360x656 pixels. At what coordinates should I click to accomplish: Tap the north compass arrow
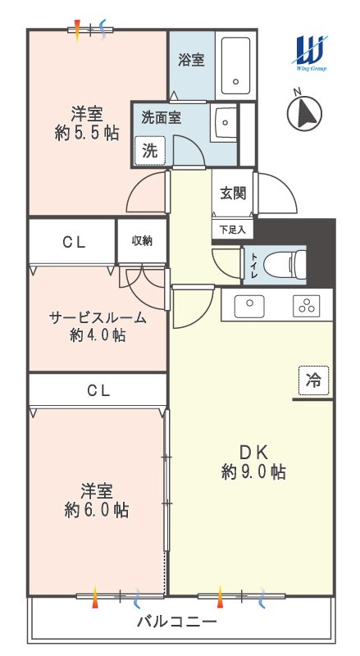(x=305, y=112)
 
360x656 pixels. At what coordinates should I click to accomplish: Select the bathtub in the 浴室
(x=235, y=66)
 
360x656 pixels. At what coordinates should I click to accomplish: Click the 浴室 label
(x=191, y=60)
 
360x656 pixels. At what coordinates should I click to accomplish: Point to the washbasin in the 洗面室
(x=226, y=122)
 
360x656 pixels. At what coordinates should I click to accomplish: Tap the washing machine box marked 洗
(x=149, y=151)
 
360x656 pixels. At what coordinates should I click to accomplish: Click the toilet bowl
(x=285, y=264)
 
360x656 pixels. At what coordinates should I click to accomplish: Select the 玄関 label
(x=233, y=193)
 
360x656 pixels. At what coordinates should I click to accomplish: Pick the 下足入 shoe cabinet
(x=233, y=230)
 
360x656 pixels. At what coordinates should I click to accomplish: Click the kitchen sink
(x=249, y=306)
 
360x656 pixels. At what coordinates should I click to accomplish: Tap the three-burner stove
(x=307, y=306)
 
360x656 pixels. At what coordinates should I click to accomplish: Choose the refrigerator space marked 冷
(x=314, y=380)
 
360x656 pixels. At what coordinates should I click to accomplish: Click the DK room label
(x=253, y=453)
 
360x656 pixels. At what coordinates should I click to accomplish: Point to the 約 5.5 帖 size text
(x=87, y=133)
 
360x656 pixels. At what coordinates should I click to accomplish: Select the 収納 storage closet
(x=142, y=240)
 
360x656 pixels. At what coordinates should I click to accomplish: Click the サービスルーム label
(x=98, y=318)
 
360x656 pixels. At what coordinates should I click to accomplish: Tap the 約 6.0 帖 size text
(x=97, y=510)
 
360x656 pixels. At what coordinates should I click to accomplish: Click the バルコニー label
(x=177, y=622)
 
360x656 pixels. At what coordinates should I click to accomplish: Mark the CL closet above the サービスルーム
(x=72, y=242)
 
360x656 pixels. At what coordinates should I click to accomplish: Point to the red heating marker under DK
(x=220, y=597)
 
